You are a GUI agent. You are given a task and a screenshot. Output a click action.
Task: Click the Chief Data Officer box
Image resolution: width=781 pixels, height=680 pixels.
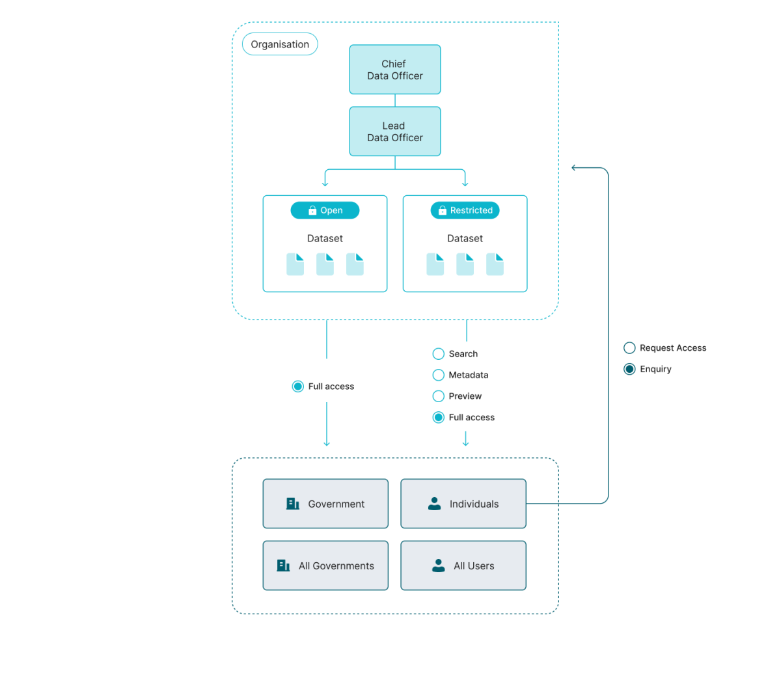[x=395, y=70]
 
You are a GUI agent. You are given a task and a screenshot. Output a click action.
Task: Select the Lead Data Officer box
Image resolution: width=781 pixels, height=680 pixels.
[x=395, y=131]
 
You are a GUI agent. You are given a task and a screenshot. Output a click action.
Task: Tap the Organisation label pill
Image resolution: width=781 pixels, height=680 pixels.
[x=280, y=44]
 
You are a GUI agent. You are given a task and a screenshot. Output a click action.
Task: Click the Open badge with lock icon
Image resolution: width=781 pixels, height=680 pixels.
[x=325, y=210]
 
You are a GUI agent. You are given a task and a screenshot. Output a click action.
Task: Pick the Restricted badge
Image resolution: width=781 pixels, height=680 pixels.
[x=465, y=210]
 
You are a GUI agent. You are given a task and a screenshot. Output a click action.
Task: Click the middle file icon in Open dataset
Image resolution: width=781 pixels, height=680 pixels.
[x=325, y=264]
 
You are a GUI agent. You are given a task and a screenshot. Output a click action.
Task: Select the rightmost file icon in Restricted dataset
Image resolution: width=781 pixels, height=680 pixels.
[x=495, y=264]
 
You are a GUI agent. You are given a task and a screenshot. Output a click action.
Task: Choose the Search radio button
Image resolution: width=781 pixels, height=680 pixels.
[x=439, y=354]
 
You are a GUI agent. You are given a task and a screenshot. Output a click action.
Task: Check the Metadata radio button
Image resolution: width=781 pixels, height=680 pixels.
[x=439, y=375]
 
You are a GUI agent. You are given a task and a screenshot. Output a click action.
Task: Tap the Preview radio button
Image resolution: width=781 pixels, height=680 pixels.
[x=439, y=396]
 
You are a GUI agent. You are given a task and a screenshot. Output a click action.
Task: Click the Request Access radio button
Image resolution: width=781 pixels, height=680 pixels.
[x=629, y=348]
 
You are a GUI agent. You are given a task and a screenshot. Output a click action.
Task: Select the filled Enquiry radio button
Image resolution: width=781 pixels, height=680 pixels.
[x=629, y=369]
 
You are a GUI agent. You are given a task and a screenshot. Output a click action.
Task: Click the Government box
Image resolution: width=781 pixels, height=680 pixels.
[x=325, y=504]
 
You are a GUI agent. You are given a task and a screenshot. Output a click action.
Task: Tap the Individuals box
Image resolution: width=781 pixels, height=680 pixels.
[x=463, y=504]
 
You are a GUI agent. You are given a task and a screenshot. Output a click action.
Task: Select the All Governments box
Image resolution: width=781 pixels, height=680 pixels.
[x=325, y=565]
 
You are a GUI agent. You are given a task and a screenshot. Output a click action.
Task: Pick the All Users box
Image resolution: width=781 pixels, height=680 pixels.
[x=463, y=565]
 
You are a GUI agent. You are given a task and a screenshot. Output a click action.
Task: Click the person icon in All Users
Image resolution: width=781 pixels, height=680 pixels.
[x=439, y=565]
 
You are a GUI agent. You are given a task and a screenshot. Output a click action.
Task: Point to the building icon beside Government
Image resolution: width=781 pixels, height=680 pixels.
[x=293, y=504]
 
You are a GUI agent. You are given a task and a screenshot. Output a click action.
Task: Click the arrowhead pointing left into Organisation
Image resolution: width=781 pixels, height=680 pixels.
[x=574, y=168]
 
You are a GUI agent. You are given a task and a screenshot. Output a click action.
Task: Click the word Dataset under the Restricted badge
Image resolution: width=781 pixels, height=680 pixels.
[x=465, y=239]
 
